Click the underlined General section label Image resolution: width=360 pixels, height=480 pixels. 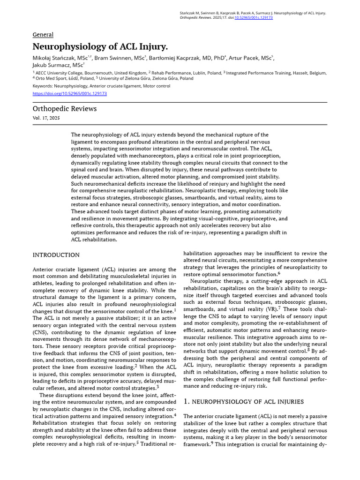tap(43, 35)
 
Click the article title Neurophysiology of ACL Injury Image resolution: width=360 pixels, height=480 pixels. tap(100, 46)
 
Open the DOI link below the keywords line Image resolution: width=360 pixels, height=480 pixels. tap(70, 93)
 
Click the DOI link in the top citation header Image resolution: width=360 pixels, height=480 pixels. tap(253, 17)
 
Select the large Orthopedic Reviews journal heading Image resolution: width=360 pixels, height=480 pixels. tap(65, 109)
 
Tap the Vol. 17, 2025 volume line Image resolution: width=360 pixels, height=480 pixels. tap(46, 118)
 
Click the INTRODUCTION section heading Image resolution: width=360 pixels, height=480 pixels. tap(56, 255)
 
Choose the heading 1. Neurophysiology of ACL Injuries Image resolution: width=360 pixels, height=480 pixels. tap(243, 402)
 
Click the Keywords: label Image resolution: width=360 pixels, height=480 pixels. tap(43, 86)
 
